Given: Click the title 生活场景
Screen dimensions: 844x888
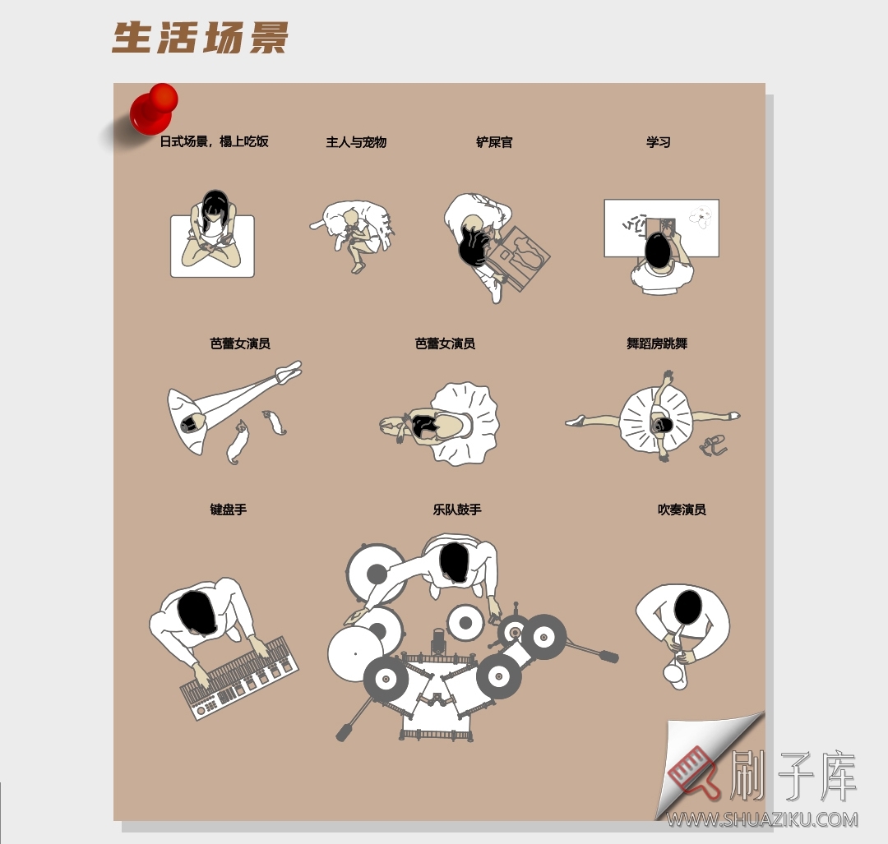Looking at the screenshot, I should coord(200,38).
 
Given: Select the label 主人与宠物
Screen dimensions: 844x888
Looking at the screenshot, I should coord(356,142).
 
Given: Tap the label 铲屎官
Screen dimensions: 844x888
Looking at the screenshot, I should coord(494,142).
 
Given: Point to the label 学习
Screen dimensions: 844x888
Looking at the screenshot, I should coord(659,142).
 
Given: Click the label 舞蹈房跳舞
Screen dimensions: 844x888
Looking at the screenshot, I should coord(657,344).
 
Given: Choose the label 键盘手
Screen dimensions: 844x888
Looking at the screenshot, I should coord(228,510).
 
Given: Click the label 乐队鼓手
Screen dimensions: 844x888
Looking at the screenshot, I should coord(457,510).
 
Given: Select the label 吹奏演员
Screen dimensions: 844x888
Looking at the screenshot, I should coord(682,510).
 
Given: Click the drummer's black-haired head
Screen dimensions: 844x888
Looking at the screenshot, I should coord(454,561).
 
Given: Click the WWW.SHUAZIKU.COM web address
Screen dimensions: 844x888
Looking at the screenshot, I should coord(762,819).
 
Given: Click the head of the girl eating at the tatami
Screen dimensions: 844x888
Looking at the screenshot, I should coord(215,205).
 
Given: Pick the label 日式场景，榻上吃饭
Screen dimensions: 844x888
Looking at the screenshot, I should coord(214,142).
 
